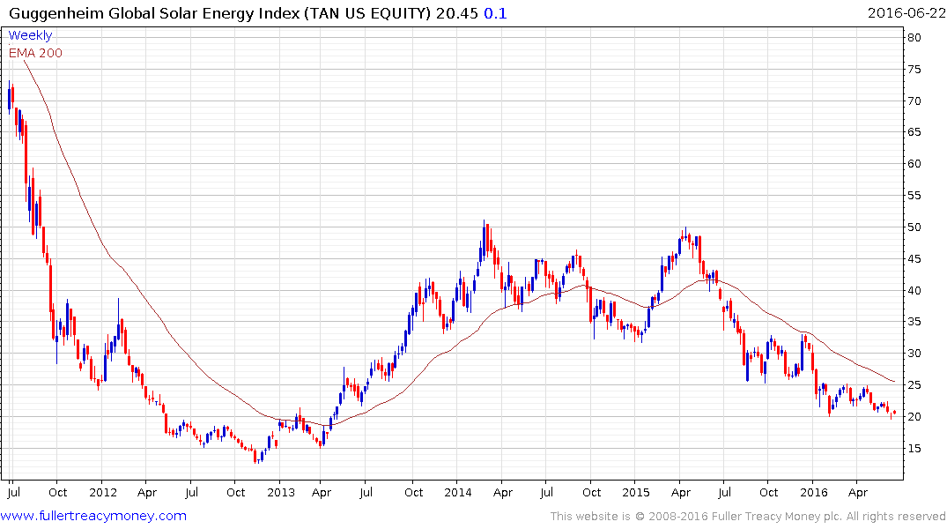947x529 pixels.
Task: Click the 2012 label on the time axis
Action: point(103,492)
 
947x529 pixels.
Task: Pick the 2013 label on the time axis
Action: point(281,492)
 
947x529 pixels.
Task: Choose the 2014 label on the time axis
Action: point(459,492)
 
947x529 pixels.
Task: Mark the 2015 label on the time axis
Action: point(636,492)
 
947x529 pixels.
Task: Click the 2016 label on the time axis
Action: point(814,492)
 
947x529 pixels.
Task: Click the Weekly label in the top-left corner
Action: point(30,35)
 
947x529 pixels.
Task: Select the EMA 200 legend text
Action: point(35,53)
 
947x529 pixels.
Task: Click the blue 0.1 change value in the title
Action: point(496,13)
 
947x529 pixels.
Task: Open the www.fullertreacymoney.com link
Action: point(94,516)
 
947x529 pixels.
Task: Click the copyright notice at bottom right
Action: point(748,517)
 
